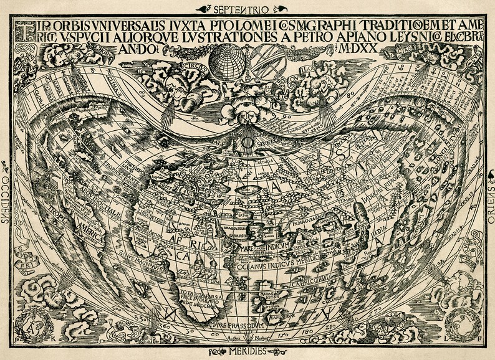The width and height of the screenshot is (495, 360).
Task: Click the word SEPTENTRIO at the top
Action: click(x=241, y=9)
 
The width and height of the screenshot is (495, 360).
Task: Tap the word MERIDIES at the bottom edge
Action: click(x=247, y=352)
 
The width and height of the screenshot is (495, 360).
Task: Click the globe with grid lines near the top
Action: click(x=227, y=61)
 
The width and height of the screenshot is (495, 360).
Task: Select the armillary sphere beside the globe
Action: click(x=266, y=60)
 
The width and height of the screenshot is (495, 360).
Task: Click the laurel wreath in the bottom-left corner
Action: click(x=31, y=322)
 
